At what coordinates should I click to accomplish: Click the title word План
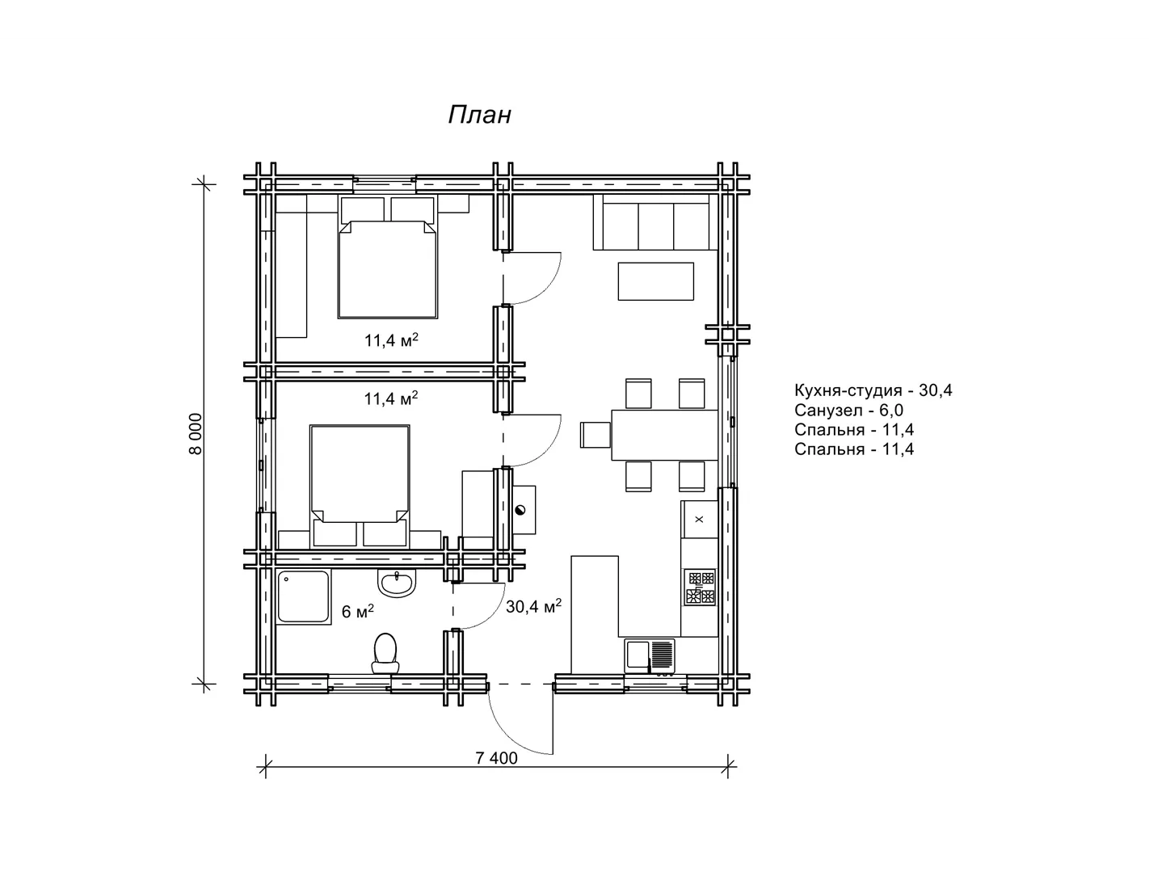click(480, 115)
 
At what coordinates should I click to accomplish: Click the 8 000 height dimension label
click(196, 434)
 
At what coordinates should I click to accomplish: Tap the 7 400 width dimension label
click(496, 758)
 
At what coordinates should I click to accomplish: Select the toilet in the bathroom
click(385, 653)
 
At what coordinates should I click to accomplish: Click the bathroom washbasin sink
click(397, 583)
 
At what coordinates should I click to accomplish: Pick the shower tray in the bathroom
click(304, 596)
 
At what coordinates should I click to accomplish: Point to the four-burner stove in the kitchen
click(700, 587)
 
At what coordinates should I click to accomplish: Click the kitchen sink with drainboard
click(650, 656)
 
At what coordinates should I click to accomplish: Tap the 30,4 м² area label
click(533, 606)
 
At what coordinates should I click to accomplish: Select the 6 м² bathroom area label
click(357, 611)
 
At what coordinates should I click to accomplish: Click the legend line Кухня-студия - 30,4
click(873, 390)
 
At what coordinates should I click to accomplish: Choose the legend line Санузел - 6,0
click(848, 410)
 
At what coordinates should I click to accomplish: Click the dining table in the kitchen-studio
click(664, 435)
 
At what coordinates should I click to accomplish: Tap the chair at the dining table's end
click(596, 435)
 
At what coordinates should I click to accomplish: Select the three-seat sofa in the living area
click(651, 222)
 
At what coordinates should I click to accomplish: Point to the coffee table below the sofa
click(655, 281)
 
